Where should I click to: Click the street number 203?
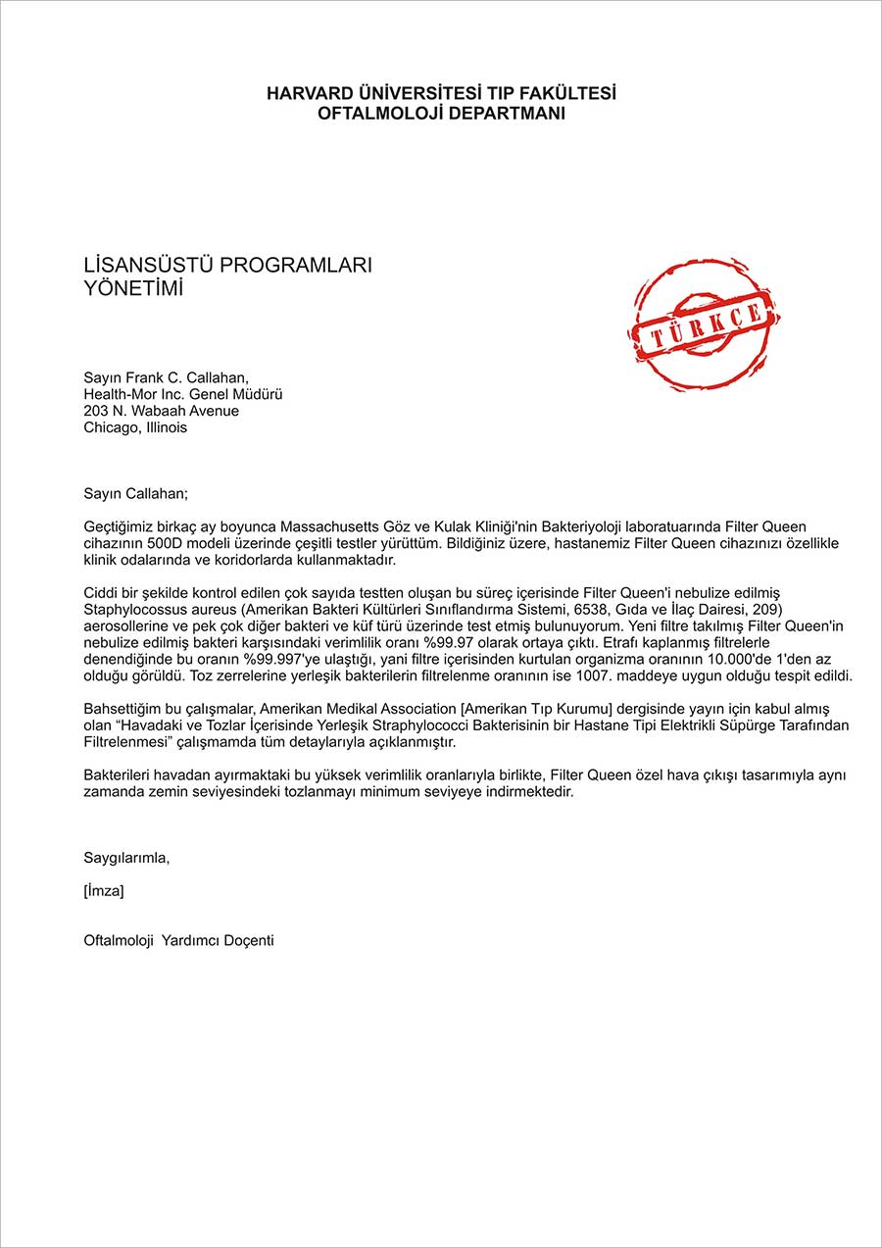97,411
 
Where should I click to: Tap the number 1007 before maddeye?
598,676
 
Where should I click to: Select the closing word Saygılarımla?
127,858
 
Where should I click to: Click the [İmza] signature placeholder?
104,891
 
